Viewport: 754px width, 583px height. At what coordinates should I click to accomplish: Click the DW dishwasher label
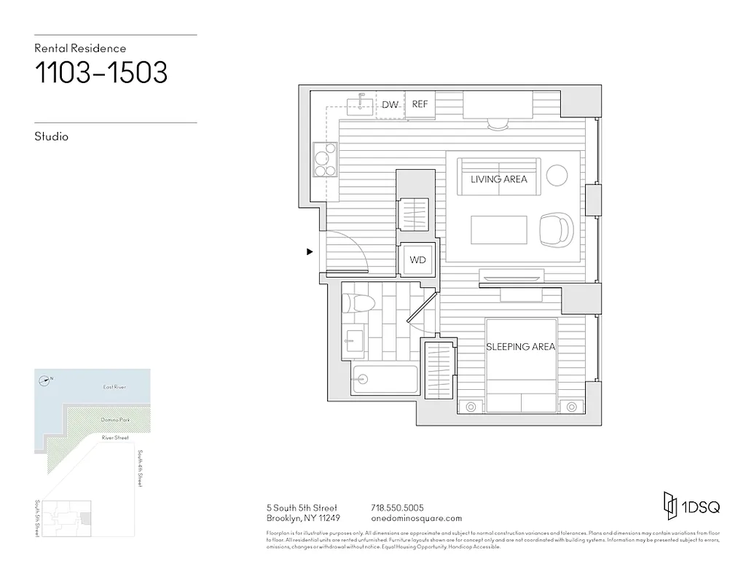[x=390, y=105]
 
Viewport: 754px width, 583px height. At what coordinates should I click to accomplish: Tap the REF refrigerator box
[x=420, y=104]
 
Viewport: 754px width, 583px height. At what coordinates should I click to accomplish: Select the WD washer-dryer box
[x=417, y=260]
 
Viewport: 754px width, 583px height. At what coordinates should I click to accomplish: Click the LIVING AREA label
[x=498, y=179]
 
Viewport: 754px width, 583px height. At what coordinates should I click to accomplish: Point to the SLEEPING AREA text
[x=520, y=347]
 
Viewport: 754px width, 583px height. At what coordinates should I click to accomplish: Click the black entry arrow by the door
[x=310, y=252]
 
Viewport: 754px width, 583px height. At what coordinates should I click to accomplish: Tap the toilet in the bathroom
[x=356, y=304]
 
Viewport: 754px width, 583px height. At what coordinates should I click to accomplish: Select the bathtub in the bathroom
[x=384, y=379]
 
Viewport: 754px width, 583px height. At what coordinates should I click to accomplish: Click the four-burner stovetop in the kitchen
[x=325, y=160]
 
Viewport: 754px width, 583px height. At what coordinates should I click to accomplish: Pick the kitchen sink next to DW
[x=358, y=105]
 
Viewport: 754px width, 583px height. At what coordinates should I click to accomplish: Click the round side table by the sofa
[x=557, y=175]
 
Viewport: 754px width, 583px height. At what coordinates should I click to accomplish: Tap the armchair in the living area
[x=556, y=230]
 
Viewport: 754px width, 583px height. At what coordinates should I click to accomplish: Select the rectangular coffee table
[x=499, y=230]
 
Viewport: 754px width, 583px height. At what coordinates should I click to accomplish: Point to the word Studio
[x=51, y=136]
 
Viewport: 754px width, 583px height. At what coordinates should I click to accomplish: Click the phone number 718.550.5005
[x=397, y=508]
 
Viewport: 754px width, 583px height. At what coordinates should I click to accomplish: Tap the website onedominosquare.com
[x=416, y=518]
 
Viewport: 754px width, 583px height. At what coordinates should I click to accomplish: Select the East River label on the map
[x=114, y=387]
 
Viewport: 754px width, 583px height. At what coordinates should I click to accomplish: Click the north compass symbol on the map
[x=45, y=379]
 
